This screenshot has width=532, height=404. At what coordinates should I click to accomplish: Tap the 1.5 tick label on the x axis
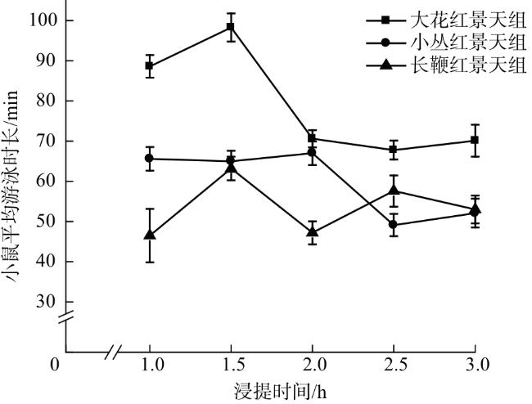click(x=231, y=363)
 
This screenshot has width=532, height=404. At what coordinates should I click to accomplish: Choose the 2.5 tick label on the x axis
click(x=394, y=363)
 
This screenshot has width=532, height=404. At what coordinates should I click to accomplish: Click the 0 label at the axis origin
click(x=55, y=363)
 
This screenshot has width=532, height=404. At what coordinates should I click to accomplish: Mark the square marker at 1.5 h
click(x=231, y=27)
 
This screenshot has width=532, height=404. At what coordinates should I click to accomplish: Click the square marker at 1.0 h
click(x=150, y=65)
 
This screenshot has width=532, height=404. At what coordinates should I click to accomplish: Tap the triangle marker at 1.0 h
click(x=150, y=235)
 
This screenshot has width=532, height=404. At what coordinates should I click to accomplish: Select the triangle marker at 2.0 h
click(x=312, y=231)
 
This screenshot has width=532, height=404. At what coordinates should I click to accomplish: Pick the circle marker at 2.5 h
click(x=394, y=224)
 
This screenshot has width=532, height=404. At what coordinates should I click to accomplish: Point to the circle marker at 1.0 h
click(x=150, y=159)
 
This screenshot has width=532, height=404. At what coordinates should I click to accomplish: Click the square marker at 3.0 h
click(x=475, y=141)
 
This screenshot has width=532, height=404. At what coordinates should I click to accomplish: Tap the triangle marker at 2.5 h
click(x=394, y=190)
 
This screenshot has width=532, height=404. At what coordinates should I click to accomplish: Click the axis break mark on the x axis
click(x=116, y=352)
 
